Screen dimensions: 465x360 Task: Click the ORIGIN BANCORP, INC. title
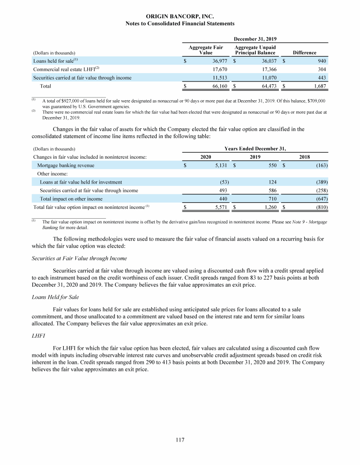pos(180,16)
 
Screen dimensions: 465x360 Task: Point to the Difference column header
pos(304,53)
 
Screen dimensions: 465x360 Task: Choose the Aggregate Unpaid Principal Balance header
pos(255,50)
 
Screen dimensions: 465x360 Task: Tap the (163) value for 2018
pos(319,165)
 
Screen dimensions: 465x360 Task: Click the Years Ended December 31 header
pos(255,148)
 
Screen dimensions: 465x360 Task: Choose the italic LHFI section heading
pos(38,336)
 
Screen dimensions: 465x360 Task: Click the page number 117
pos(180,440)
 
